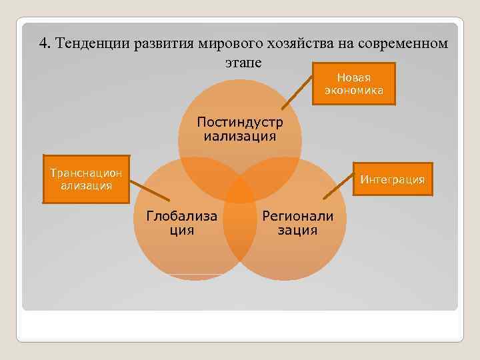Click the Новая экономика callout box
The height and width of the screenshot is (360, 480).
(353, 85)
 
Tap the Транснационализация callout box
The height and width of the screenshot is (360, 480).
(86, 179)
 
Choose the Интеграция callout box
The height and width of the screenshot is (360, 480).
(392, 179)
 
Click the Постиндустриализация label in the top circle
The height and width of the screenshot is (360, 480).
(239, 129)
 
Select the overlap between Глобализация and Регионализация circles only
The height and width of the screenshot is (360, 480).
(240, 233)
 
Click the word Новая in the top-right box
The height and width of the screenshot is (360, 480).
(353, 78)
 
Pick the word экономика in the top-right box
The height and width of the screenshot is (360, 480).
(353, 91)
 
